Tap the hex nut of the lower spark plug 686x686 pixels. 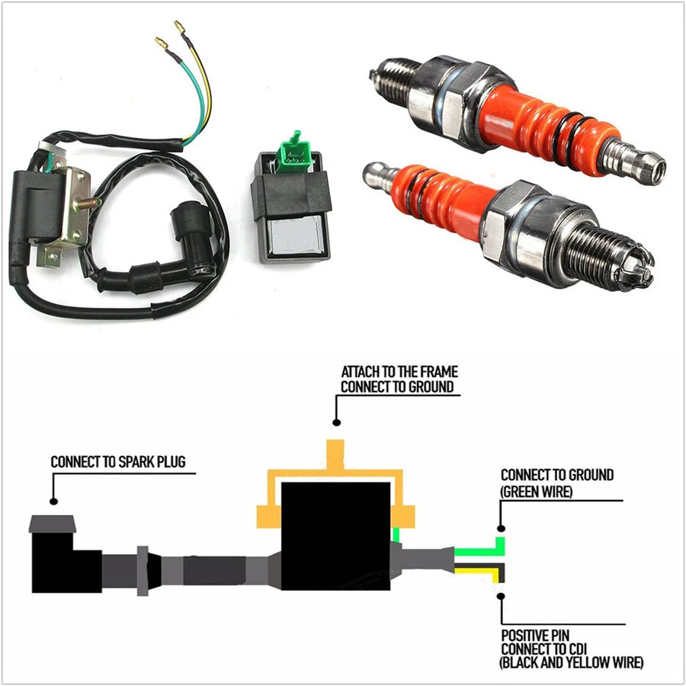click(524, 220)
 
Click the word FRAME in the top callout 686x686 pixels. click(438, 372)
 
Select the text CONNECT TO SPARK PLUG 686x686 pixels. click(117, 462)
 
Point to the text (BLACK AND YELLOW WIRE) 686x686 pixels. click(572, 663)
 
